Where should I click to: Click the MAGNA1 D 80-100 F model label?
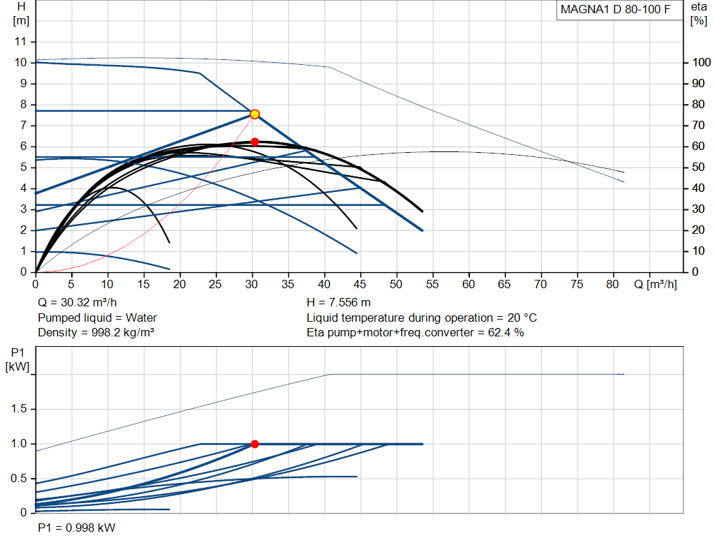[x=615, y=10]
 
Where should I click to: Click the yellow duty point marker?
[x=255, y=114]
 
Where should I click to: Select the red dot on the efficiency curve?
[x=255, y=142]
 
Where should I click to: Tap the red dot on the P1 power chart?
[x=255, y=445]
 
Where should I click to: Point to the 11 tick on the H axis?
[x=20, y=41]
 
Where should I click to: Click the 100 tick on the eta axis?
[x=701, y=62]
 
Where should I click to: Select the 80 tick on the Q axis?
[x=612, y=284]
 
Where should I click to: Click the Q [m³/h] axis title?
[x=655, y=284]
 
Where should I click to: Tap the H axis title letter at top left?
[x=21, y=7]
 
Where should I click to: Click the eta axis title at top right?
[x=698, y=7]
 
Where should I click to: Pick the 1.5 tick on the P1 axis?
[x=19, y=409]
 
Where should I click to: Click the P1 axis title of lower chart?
[x=17, y=352]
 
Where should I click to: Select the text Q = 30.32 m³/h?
[x=77, y=303]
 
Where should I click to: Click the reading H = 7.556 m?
[x=339, y=303]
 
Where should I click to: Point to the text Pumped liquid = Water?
[x=97, y=318]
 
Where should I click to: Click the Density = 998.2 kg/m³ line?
[x=96, y=333]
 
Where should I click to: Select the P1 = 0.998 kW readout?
[x=77, y=528]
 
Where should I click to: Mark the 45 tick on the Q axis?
[x=360, y=284]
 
